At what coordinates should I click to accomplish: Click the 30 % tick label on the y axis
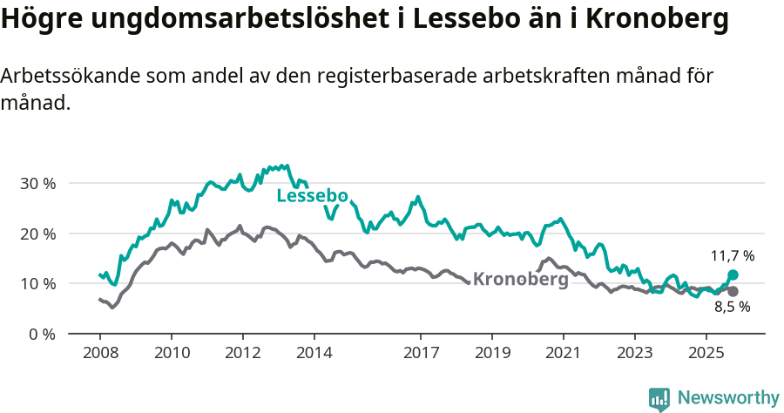coord(37,184)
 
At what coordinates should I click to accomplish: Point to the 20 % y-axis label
coord(37,234)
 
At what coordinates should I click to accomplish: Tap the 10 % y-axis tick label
coord(37,284)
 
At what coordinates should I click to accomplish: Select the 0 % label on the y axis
coord(41,334)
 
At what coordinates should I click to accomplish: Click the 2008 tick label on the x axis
coord(99,353)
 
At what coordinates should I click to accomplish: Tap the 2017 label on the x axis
coord(421,353)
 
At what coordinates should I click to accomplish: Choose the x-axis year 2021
coord(564,353)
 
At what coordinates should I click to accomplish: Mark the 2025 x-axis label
coord(706,353)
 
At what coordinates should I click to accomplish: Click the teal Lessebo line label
coord(312,196)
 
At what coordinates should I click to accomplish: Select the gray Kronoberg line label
coord(520,280)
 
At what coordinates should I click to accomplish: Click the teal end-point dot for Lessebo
coord(733,274)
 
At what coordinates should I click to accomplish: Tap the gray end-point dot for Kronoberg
coord(733,291)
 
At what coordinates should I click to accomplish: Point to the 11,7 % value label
coord(732,256)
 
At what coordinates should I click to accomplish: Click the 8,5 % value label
coord(732,307)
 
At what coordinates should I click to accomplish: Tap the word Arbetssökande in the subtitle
coord(66,76)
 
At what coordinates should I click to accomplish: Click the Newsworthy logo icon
coord(659,398)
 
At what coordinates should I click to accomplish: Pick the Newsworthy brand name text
coord(727,398)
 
